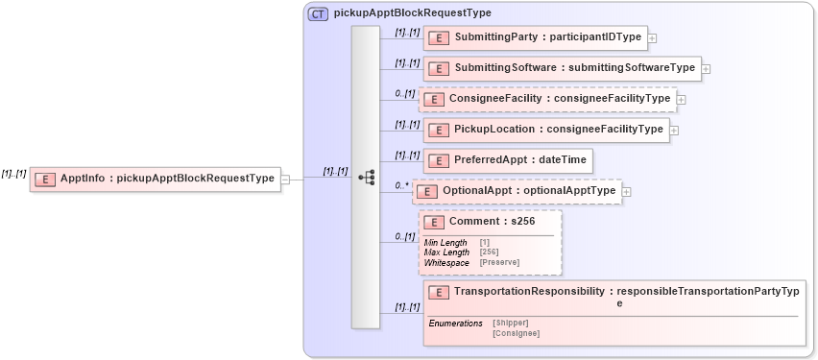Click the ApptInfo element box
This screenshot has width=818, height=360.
click(x=155, y=179)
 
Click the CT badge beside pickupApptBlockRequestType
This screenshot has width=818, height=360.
click(x=318, y=13)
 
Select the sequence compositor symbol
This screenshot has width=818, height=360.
click(x=366, y=178)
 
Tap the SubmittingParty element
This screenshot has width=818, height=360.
click(x=535, y=38)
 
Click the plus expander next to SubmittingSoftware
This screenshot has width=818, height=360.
click(x=706, y=68)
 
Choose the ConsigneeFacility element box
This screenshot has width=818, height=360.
click(x=546, y=99)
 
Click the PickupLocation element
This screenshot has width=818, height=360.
click(x=545, y=130)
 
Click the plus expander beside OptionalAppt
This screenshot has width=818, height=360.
click(x=627, y=192)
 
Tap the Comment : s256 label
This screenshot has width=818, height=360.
click(x=493, y=222)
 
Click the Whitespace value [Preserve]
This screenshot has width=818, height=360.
click(x=499, y=261)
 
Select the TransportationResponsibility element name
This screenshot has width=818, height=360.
click(x=530, y=291)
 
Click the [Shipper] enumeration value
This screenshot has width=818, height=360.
click(x=510, y=324)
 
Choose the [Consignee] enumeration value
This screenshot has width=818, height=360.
click(x=516, y=333)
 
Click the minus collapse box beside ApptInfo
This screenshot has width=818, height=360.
click(x=285, y=179)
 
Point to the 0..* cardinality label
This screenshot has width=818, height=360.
click(x=401, y=184)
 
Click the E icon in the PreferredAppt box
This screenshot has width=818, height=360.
click(x=438, y=161)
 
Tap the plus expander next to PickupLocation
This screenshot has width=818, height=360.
click(x=674, y=130)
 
